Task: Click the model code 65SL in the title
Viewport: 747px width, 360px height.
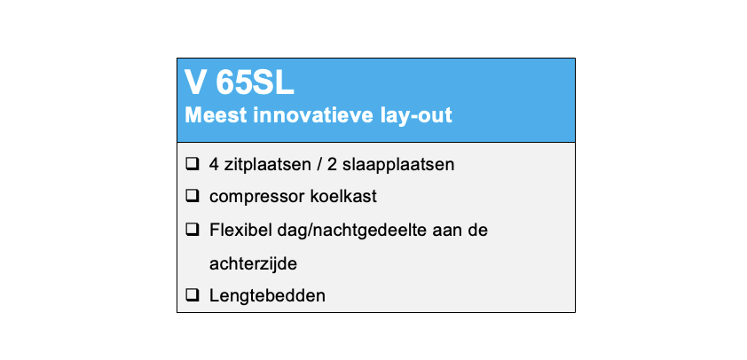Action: (255, 84)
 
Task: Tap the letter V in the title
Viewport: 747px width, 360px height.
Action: (196, 84)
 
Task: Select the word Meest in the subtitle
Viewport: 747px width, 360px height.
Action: (216, 115)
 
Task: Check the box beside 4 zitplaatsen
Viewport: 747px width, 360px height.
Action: (192, 164)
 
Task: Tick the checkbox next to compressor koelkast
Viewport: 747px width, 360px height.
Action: (192, 196)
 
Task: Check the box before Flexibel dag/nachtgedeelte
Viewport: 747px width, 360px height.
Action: (192, 230)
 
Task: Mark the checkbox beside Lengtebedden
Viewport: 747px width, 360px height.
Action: (192, 296)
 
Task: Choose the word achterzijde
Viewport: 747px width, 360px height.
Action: (253, 264)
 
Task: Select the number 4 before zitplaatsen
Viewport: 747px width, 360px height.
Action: (214, 165)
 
